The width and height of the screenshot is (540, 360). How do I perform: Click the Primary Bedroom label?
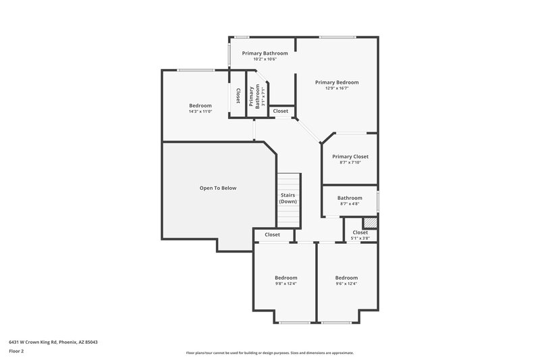337,82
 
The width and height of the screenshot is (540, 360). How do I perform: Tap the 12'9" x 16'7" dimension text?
337,88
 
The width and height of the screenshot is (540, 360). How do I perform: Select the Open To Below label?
218,188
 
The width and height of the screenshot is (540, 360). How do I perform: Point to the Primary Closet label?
350,156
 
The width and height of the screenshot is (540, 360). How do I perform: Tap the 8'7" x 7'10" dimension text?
350,162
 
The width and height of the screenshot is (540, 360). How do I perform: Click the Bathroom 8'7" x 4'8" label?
350,198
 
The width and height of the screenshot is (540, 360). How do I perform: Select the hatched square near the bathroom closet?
369,222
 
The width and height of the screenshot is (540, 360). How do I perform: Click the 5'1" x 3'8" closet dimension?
360,238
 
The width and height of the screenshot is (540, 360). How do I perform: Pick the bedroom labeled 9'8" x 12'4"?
286,278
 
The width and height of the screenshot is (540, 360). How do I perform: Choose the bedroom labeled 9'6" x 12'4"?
346,278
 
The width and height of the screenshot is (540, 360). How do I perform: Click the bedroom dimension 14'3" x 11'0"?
200,111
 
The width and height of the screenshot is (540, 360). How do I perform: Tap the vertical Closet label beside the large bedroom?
238,97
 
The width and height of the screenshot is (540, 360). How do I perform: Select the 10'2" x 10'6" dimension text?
265,59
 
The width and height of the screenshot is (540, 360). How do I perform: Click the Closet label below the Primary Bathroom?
280,111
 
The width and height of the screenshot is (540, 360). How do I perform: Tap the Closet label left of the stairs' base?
272,234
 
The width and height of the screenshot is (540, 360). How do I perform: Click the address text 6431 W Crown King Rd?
53,342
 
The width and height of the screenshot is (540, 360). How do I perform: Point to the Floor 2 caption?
17,351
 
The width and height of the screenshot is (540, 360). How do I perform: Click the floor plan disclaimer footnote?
269,353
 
